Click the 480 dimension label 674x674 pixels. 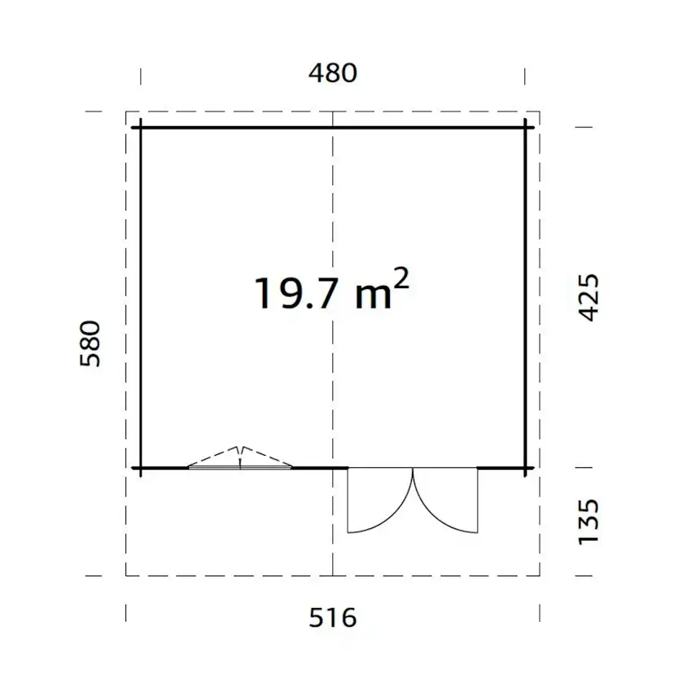pos(333,73)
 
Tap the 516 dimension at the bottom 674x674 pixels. pos(333,618)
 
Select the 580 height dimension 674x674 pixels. pos(90,344)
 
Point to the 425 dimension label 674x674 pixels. pos(589,297)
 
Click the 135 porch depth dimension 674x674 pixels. pos(589,522)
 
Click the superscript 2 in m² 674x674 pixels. pos(401,279)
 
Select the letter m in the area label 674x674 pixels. pos(373,296)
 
